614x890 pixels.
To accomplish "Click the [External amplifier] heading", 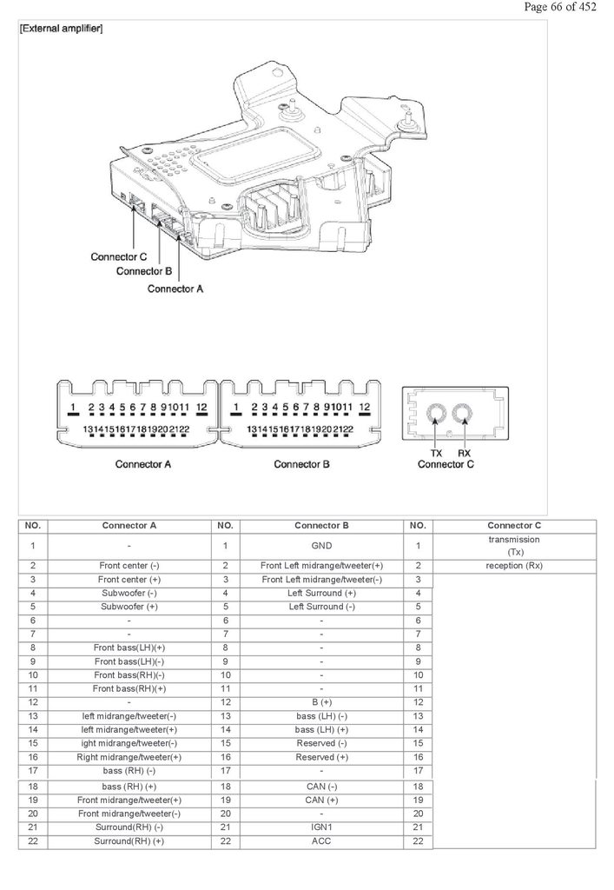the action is point(62,29).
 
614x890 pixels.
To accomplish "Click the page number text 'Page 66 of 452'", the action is point(560,7).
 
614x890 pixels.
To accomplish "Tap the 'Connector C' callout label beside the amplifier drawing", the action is point(118,256).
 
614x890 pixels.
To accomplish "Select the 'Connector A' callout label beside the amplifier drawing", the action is point(175,289).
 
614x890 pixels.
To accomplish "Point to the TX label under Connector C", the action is point(436,453).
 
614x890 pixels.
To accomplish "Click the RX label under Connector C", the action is point(464,453).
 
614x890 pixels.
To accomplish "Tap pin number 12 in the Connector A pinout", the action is point(201,407).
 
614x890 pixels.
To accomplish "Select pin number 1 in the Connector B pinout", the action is point(236,407).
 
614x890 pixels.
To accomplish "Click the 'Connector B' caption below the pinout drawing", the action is point(301,464).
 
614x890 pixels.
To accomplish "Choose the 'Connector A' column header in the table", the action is point(129,526).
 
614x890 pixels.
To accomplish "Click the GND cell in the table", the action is point(321,546).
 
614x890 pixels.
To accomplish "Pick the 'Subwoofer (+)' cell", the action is point(129,607).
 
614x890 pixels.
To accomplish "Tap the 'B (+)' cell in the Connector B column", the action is point(321,702).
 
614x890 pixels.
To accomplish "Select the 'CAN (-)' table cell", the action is point(321,786).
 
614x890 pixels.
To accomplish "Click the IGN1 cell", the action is point(321,827).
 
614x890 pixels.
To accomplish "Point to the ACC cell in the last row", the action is point(321,840).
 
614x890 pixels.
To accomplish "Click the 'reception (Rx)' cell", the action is point(514,566).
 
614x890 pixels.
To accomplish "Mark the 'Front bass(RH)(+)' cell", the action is point(129,688).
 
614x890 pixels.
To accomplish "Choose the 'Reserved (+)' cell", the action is point(321,757).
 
